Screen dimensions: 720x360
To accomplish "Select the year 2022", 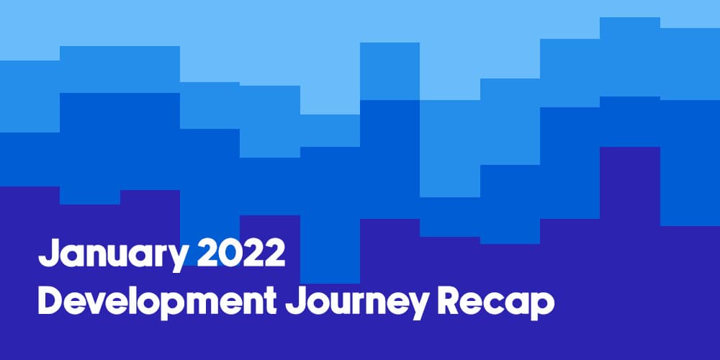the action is click(x=241, y=253).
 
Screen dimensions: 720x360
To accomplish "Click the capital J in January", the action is click(x=48, y=253).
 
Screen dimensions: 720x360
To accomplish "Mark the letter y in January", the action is click(x=178, y=259).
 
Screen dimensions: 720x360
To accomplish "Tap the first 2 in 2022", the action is click(x=208, y=253).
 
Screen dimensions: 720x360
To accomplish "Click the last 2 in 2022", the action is click(x=274, y=253).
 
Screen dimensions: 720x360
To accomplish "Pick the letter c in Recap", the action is click(x=495, y=305).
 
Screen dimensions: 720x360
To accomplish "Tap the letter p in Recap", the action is click(x=543, y=308).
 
